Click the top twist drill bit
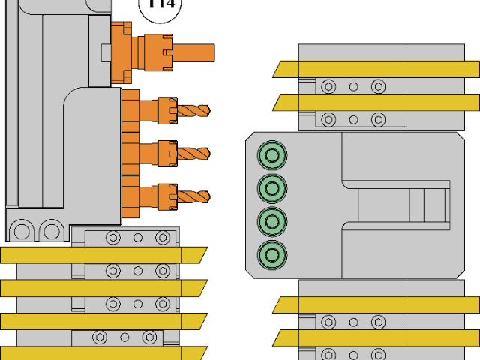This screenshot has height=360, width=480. [193, 110]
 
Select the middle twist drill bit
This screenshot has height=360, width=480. [193, 154]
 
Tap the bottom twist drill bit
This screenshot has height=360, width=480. [193, 197]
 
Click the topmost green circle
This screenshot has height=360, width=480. [271, 156]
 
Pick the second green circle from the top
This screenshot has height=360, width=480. [271, 188]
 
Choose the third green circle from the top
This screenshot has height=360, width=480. [271, 221]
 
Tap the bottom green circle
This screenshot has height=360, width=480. [271, 254]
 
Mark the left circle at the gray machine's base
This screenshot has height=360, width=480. [22, 230]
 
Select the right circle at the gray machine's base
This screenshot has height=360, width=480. [51, 230]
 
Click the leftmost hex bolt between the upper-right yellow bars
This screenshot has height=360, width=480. [328, 86]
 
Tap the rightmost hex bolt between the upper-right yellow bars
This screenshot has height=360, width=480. [378, 86]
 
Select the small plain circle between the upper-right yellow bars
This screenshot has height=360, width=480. [353, 86]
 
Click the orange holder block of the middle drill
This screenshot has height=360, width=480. [130, 154]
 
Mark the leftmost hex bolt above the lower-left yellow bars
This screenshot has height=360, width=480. [112, 238]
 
